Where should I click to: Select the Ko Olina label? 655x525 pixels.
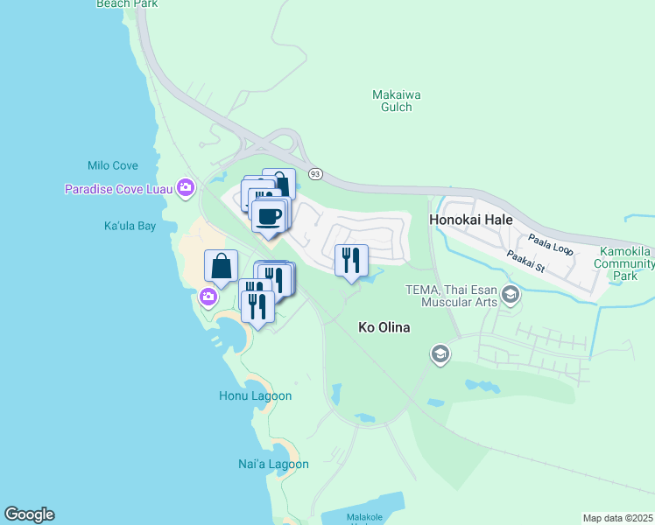tap(385, 327)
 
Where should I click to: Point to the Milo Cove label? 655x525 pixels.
tap(112, 165)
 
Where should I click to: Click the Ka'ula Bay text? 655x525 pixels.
tap(130, 226)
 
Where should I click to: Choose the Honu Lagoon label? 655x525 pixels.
tap(255, 395)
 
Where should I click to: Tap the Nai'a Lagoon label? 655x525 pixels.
tap(273, 464)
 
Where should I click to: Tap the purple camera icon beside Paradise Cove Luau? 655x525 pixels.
tap(185, 186)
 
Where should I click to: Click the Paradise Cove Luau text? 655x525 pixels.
tap(119, 189)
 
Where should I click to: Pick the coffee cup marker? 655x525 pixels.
tap(269, 214)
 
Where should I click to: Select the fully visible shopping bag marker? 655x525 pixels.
tap(222, 265)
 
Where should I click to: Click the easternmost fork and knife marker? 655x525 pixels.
tap(351, 260)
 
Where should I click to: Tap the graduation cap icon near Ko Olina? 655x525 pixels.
tap(440, 353)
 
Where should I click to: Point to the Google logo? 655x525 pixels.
tap(29, 514)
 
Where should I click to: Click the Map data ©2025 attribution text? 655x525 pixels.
tap(617, 518)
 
